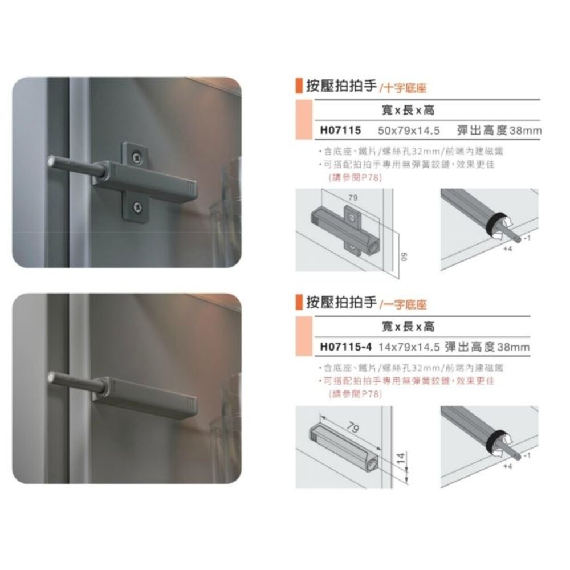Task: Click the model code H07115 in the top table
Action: click(x=340, y=131)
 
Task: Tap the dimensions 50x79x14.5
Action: click(x=409, y=131)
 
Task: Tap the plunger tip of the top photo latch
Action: click(x=52, y=161)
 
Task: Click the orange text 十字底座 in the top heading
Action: click(x=405, y=88)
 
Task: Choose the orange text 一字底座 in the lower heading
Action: click(x=405, y=304)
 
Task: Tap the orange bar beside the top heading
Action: click(x=298, y=87)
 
